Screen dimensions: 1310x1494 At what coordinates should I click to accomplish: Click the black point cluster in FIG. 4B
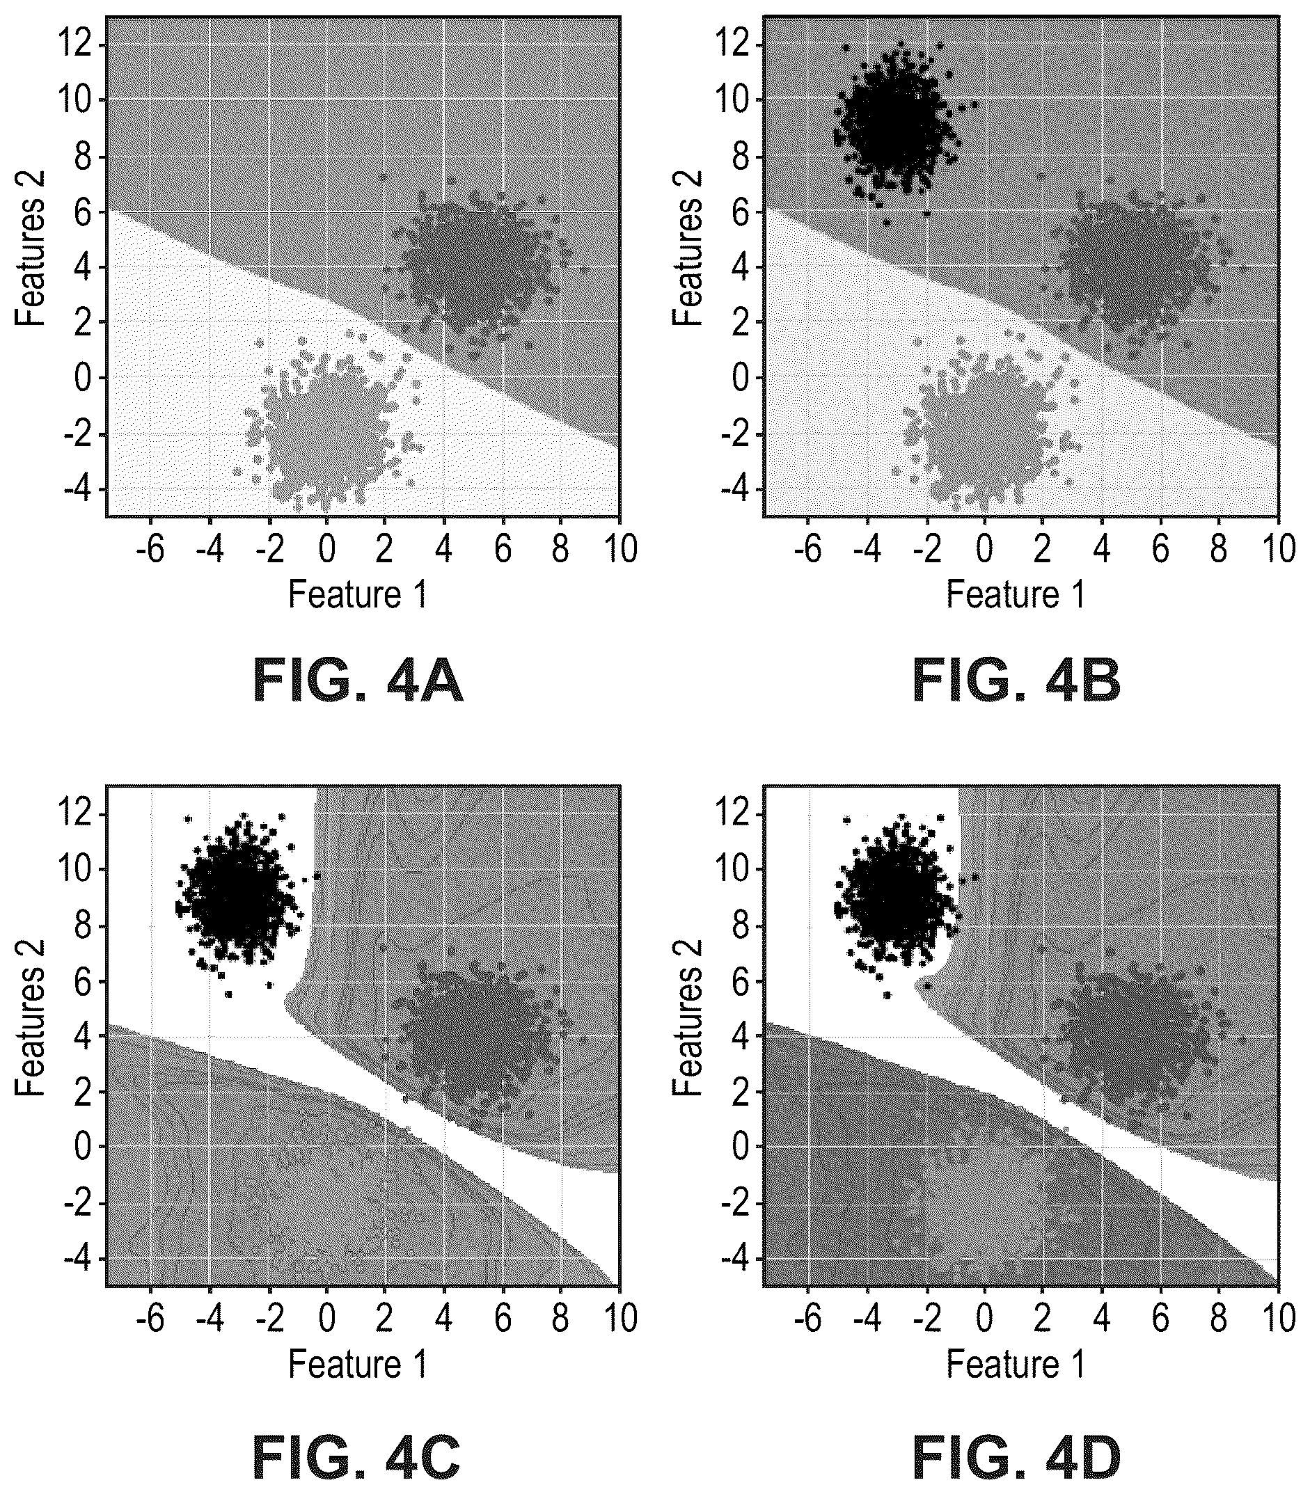click(897, 125)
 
